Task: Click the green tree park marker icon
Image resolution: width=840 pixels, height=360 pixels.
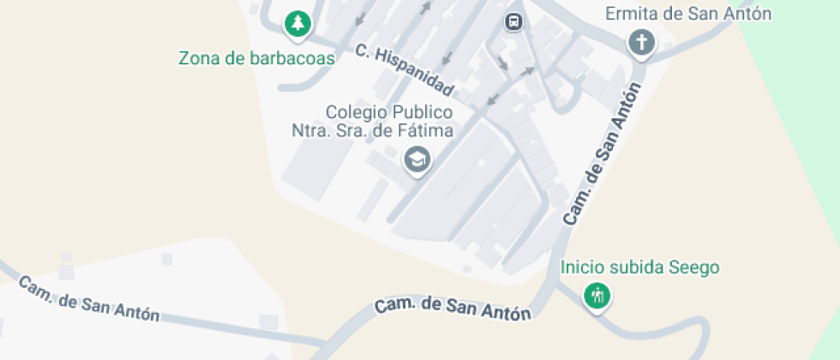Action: point(297,23)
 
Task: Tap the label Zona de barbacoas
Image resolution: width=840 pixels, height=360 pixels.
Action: point(256,58)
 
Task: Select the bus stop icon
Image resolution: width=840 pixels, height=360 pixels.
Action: point(513,21)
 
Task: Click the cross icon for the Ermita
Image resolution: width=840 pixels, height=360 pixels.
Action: point(640,41)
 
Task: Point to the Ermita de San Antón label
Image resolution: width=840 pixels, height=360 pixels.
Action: point(688,14)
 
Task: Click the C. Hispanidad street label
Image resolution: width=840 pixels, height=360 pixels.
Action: point(404,70)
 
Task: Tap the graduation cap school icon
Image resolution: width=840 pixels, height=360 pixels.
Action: point(417,159)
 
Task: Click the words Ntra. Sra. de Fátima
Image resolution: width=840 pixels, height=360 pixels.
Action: point(372,130)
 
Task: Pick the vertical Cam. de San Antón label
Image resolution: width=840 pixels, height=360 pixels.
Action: point(603,154)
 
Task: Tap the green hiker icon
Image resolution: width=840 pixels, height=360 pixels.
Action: point(597,297)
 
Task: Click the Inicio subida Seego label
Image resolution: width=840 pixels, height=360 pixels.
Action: point(639,267)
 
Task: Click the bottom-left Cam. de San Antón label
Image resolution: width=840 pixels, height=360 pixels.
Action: point(89,299)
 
